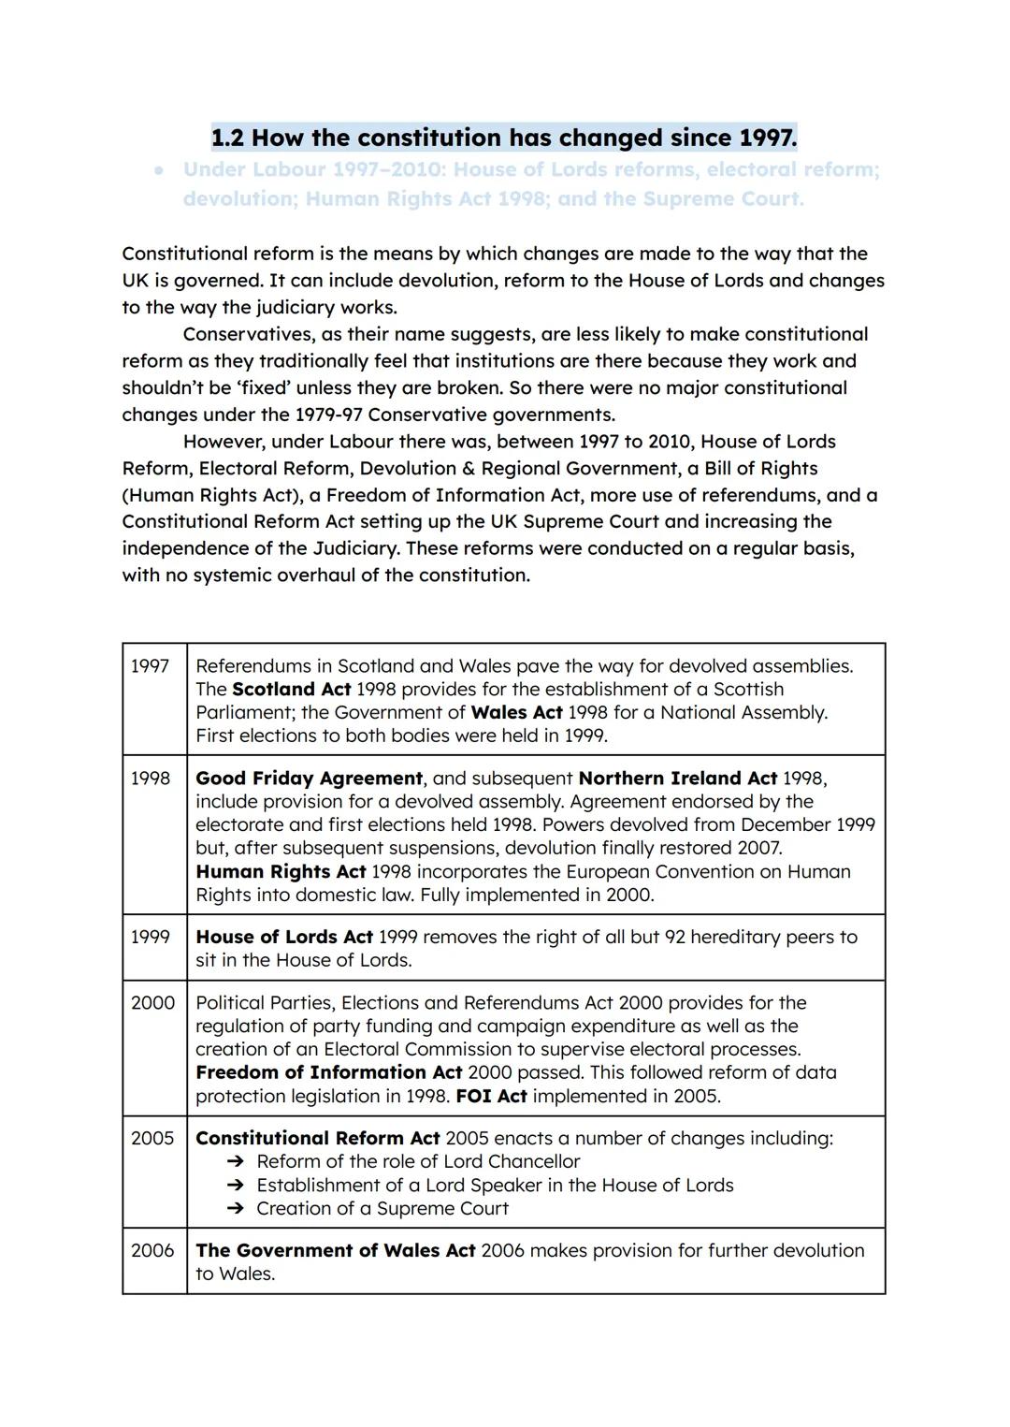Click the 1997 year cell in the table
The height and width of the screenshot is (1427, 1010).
point(150,666)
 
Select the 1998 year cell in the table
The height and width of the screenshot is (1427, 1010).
point(150,779)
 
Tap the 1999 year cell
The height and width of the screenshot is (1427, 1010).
point(150,938)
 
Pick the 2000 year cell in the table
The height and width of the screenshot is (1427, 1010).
point(152,1003)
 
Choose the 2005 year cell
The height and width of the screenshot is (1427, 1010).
point(152,1139)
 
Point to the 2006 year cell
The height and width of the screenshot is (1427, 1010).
point(152,1251)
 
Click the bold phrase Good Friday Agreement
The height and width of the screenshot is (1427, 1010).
point(309,779)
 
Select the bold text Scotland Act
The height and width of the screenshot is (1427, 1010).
point(291,690)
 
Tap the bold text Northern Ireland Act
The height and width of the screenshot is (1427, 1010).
point(677,779)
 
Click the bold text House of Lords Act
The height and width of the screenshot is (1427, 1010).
point(283,938)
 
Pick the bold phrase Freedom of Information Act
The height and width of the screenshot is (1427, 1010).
point(328,1073)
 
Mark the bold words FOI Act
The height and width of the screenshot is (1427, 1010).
point(491,1097)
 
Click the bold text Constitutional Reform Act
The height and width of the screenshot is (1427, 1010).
point(317,1139)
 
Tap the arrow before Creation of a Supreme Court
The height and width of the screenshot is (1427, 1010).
point(237,1209)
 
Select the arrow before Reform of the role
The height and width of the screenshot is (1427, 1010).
point(237,1162)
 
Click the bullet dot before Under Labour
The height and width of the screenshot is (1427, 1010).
point(160,171)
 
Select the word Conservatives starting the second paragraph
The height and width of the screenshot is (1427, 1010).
point(245,334)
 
